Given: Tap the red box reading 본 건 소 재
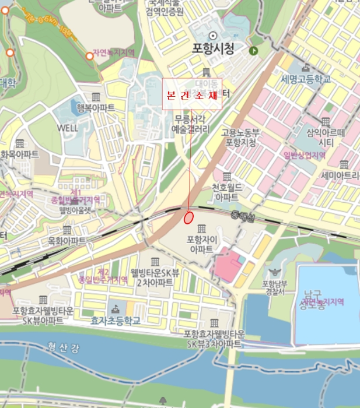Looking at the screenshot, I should coord(192,94).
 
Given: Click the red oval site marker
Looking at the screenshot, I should coord(188,217).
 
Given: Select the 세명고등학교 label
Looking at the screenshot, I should coord(306,79).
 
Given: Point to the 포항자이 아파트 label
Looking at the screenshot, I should coord(201,244).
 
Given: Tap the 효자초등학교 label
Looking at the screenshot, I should coord(116,321).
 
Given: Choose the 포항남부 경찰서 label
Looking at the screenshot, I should coord(273,287).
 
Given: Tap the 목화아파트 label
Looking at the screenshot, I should coord(67,240).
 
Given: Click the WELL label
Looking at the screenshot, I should coord(67,127).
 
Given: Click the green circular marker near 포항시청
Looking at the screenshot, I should coord(253,51).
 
